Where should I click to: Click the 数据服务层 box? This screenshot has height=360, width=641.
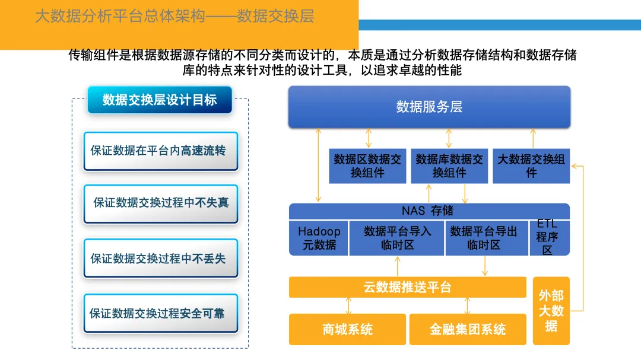click(x=429, y=107)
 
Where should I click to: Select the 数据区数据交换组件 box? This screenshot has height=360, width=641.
click(x=367, y=166)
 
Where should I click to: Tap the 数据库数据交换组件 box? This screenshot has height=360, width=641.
click(x=449, y=166)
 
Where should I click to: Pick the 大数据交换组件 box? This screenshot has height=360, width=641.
click(x=531, y=166)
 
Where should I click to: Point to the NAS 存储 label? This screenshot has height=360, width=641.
click(x=427, y=211)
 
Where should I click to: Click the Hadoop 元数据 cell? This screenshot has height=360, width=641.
click(x=319, y=238)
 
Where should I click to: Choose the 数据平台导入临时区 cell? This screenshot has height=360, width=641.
click(x=397, y=238)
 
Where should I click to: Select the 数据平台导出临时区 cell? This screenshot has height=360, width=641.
click(x=484, y=238)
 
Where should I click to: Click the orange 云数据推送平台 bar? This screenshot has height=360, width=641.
click(x=408, y=287)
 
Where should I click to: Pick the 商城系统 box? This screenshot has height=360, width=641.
click(x=348, y=329)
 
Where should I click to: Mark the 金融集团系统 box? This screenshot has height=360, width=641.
click(x=468, y=329)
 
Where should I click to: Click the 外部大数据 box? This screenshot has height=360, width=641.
click(x=551, y=311)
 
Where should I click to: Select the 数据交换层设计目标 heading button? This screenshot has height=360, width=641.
click(x=160, y=100)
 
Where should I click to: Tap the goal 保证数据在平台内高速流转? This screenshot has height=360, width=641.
click(x=160, y=151)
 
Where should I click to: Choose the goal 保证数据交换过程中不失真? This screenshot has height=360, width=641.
click(x=160, y=202)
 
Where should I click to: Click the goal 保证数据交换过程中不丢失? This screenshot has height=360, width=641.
click(x=160, y=258)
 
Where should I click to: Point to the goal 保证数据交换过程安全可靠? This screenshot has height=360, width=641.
click(x=160, y=313)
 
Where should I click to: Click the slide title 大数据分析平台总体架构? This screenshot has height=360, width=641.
click(x=119, y=16)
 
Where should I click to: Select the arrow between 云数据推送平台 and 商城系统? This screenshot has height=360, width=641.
click(x=348, y=305)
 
